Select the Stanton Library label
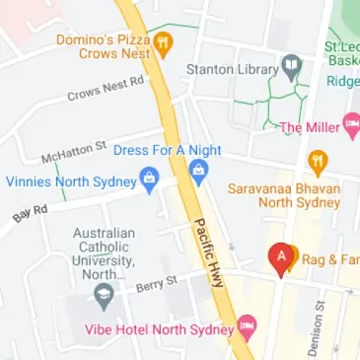tap(232, 70)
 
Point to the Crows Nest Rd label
tap(106, 89)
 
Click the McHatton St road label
tap(73, 152)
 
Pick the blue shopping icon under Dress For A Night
tap(198, 174)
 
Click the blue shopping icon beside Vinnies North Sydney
tap(149, 180)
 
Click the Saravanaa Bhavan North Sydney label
tap(284, 194)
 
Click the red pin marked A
tap(282, 257)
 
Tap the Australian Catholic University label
tap(103, 254)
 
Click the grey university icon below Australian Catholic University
tap(104, 296)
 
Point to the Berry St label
tap(157, 284)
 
